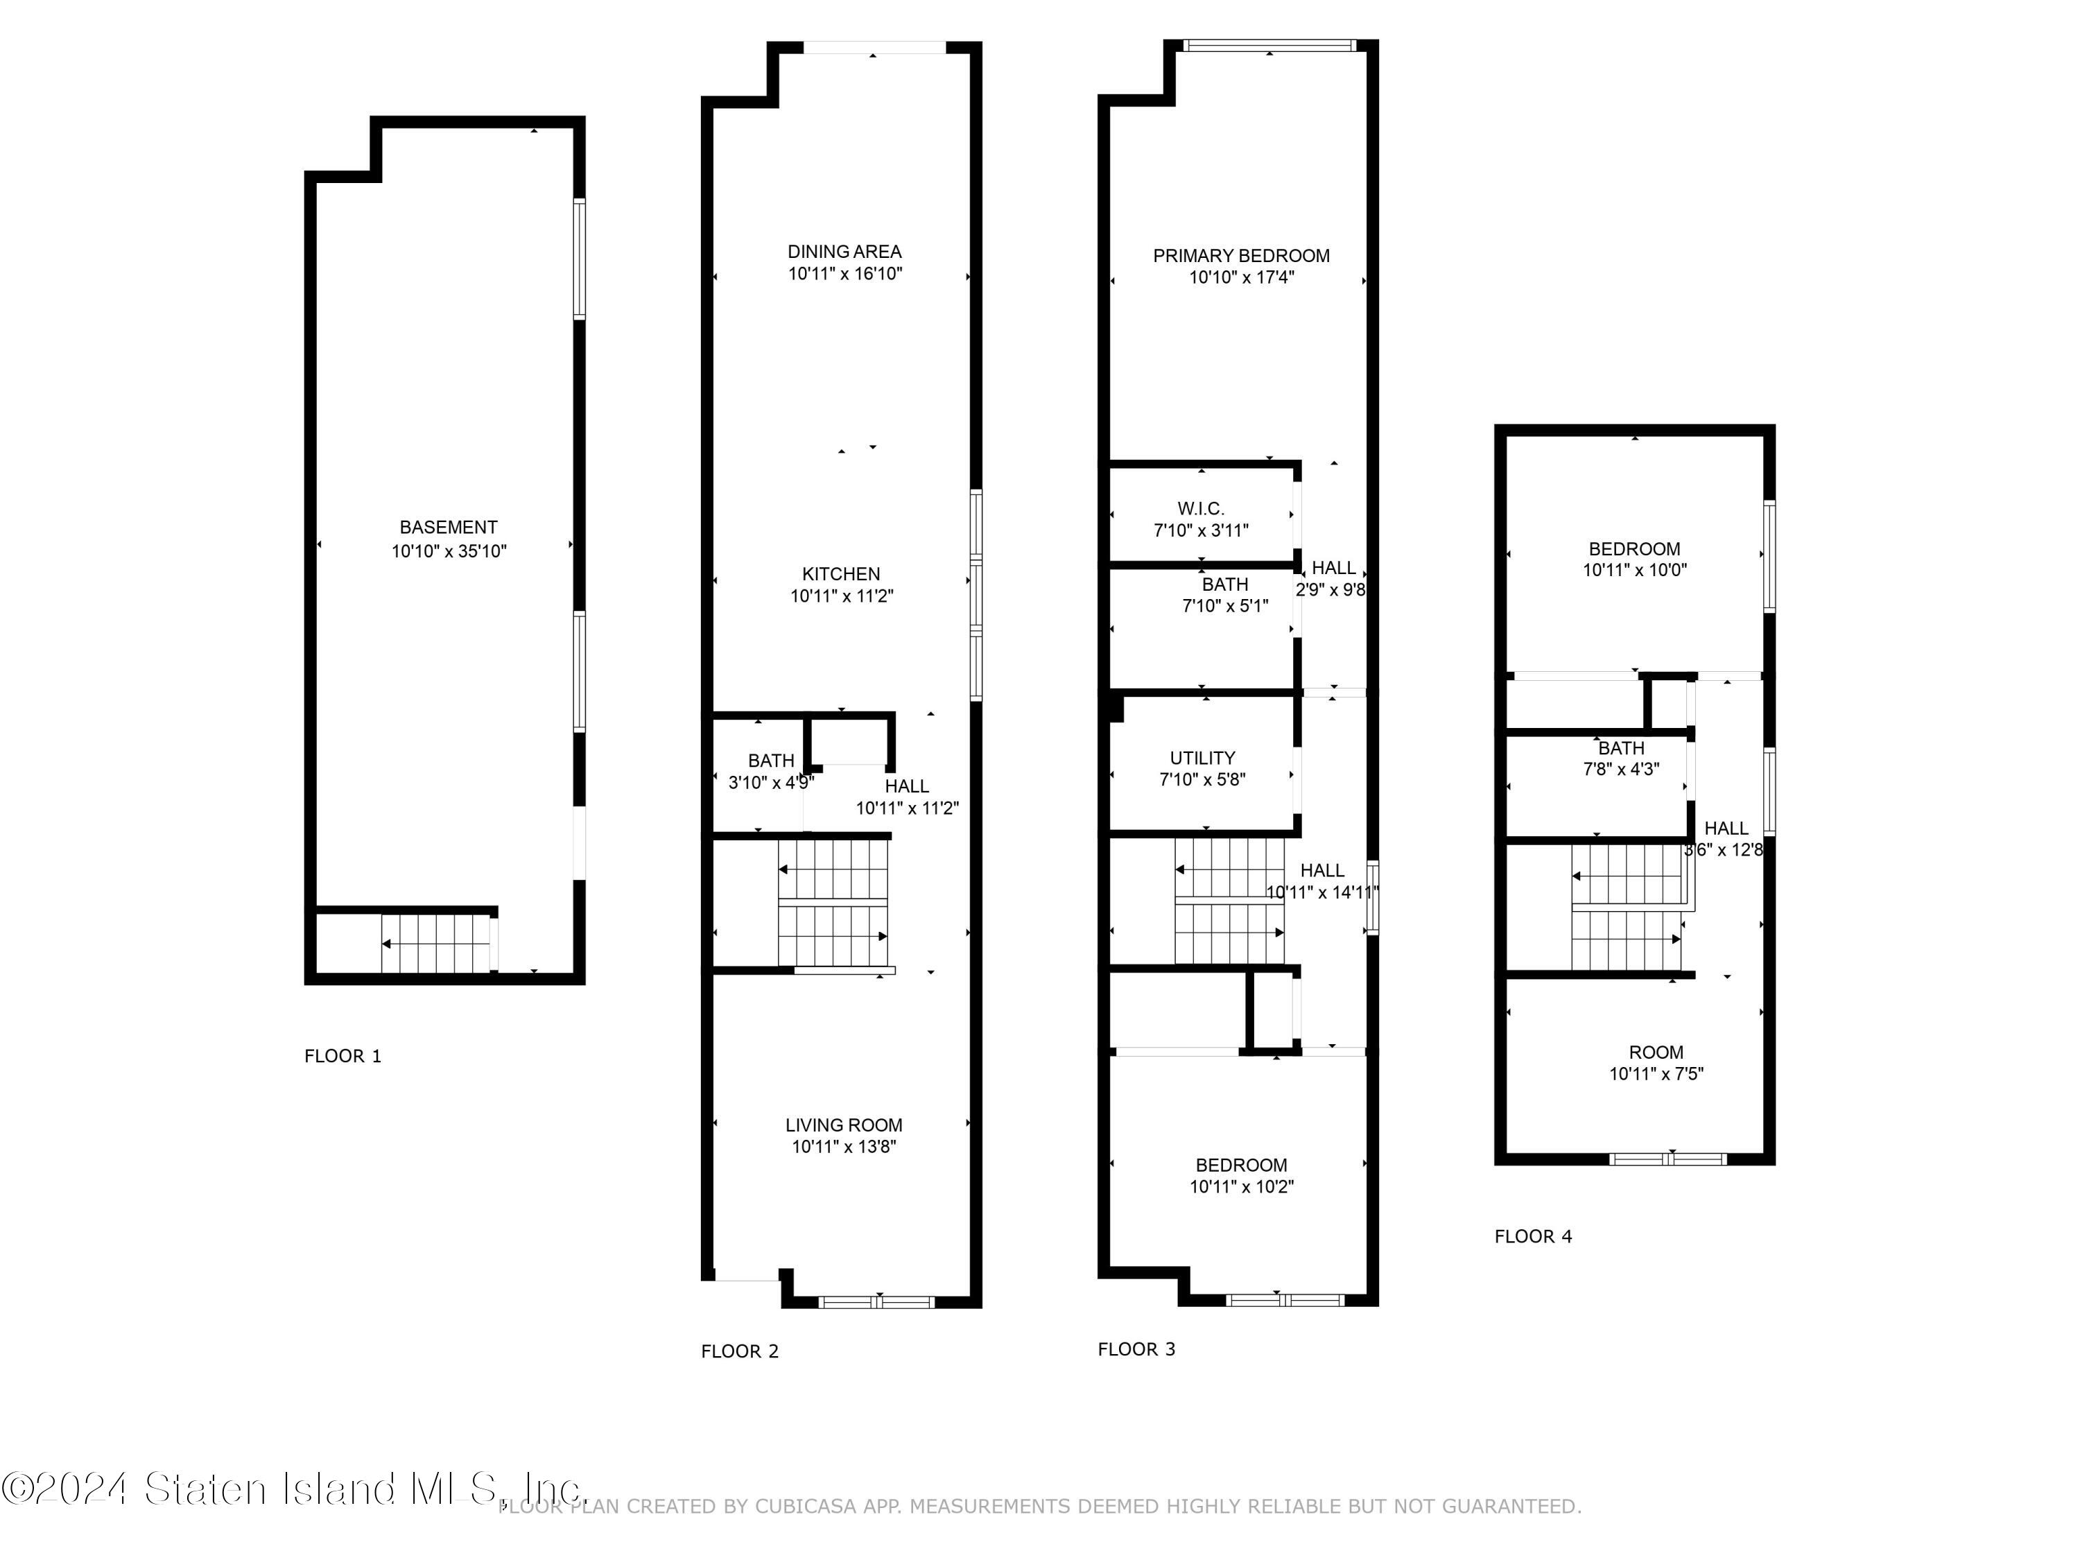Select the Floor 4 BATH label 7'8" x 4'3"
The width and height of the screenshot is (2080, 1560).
[x=1620, y=759]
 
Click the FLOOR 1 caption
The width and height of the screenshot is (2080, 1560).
[x=343, y=1056]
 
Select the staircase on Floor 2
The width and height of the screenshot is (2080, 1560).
[x=834, y=903]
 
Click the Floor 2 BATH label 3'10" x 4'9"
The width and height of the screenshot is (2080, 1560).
[x=771, y=771]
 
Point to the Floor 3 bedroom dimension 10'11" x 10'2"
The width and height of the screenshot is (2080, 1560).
[x=1241, y=1187]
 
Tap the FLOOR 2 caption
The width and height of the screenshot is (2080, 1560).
[x=739, y=1351]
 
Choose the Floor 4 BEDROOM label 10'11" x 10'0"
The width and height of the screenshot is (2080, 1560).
[x=1633, y=560]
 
